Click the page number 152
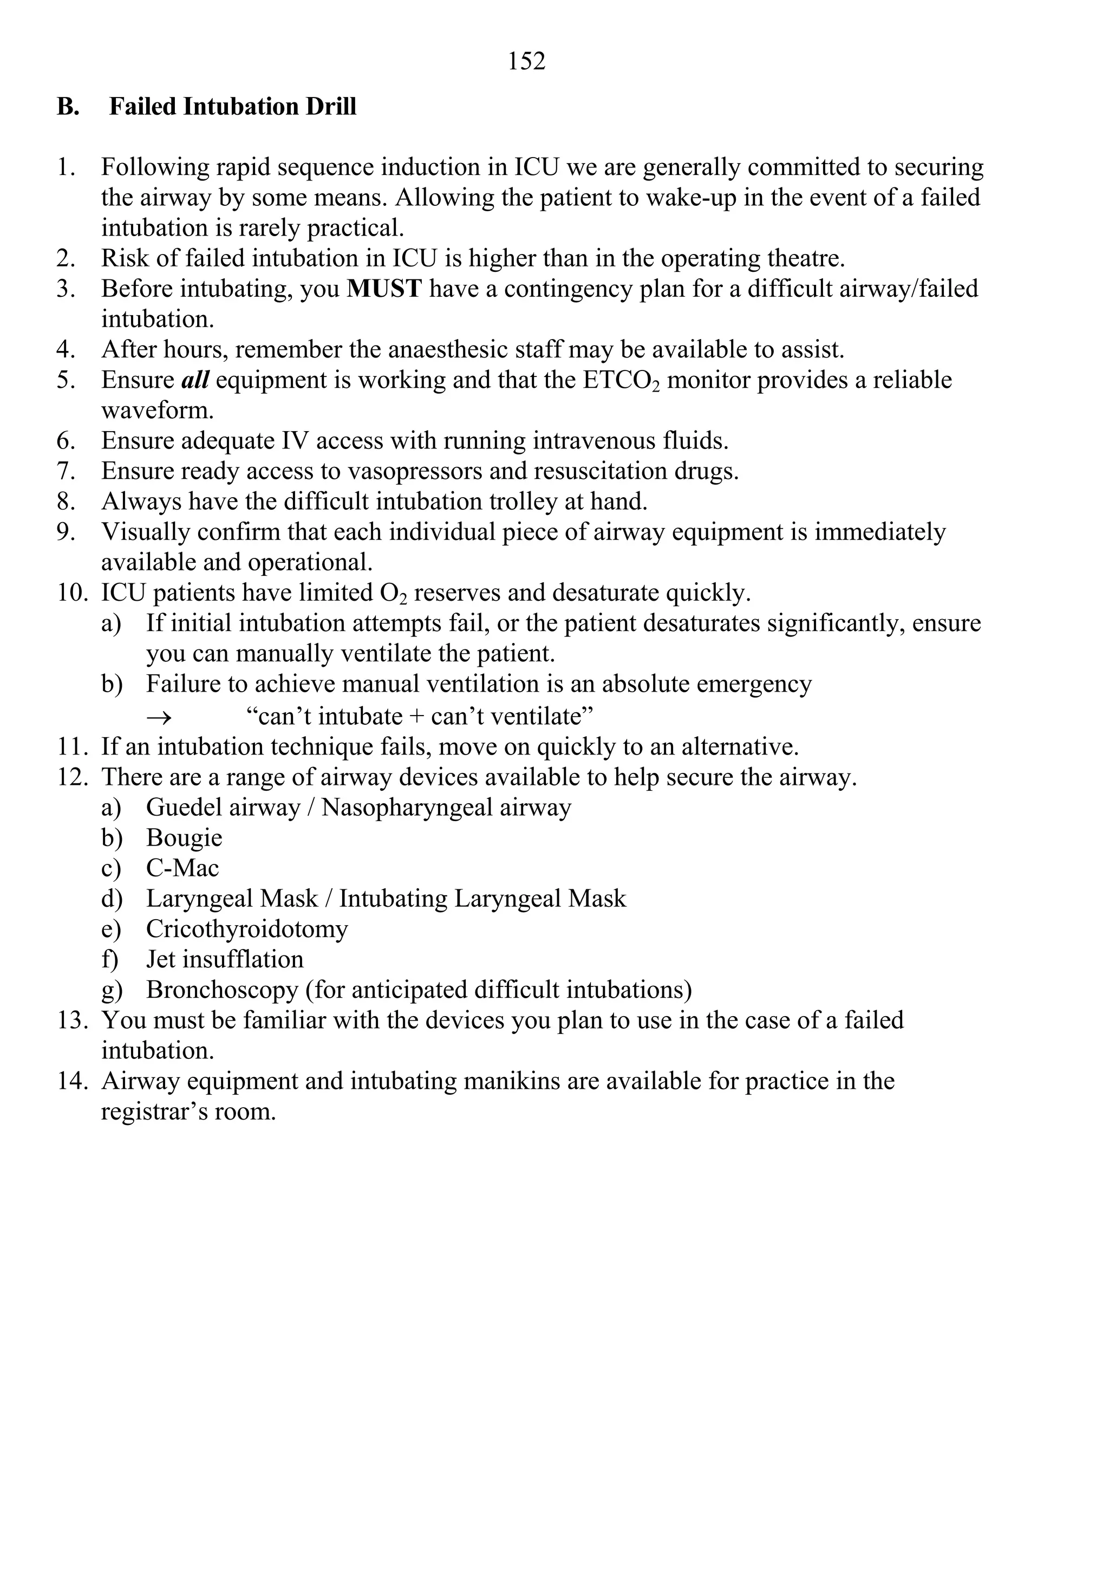click(x=526, y=62)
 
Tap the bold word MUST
click(x=384, y=289)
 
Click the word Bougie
click(x=184, y=838)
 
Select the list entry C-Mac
click(x=182, y=868)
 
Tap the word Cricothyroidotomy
click(x=247, y=929)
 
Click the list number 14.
click(x=71, y=1081)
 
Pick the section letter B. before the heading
click(x=67, y=107)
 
